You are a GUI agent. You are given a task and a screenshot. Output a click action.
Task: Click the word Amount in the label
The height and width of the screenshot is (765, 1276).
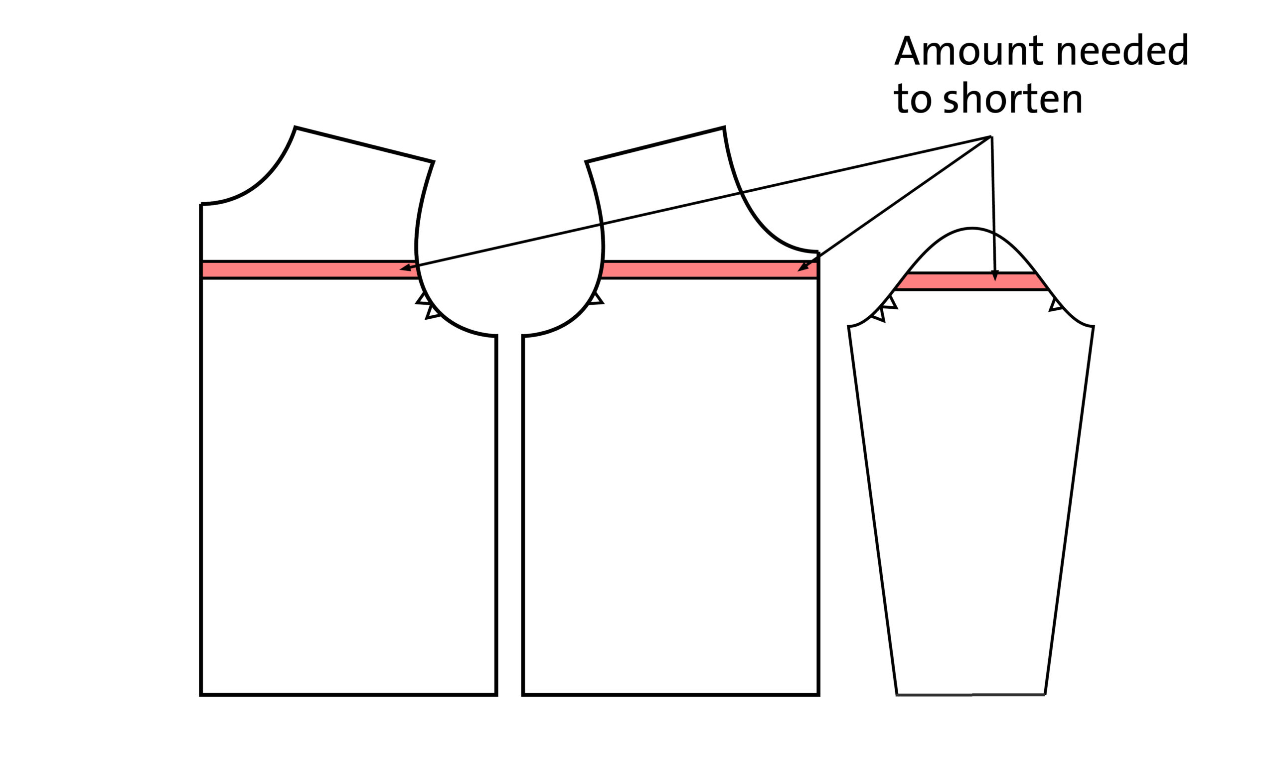click(x=970, y=50)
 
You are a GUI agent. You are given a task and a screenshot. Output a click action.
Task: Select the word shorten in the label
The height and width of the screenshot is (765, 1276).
click(x=1012, y=99)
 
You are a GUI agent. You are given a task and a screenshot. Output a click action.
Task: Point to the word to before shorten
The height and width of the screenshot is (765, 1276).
click(x=913, y=99)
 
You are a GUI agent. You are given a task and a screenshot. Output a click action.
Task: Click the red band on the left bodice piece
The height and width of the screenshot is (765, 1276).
click(x=310, y=269)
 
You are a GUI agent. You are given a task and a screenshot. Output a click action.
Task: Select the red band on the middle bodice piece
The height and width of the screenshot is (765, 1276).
click(x=709, y=269)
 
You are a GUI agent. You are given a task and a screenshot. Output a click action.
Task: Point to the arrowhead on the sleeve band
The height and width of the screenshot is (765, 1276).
click(x=995, y=276)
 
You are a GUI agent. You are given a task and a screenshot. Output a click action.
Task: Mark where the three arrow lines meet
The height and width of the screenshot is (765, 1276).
click(x=991, y=136)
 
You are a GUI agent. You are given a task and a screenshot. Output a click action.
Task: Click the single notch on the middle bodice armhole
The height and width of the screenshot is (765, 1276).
click(x=596, y=298)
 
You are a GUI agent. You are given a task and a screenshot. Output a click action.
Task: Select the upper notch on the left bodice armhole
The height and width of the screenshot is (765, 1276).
click(x=423, y=298)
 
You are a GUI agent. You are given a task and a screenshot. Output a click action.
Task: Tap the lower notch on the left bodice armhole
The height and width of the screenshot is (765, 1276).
click(x=432, y=312)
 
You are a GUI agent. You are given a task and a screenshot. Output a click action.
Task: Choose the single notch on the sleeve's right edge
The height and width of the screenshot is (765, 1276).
click(x=1056, y=305)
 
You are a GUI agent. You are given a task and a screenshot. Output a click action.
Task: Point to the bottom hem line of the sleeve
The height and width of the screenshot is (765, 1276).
click(x=970, y=695)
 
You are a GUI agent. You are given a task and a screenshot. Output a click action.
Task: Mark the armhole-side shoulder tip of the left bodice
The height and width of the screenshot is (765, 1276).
click(x=433, y=162)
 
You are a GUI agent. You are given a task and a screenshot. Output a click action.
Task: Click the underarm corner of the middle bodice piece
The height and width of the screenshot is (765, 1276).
click(x=523, y=336)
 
